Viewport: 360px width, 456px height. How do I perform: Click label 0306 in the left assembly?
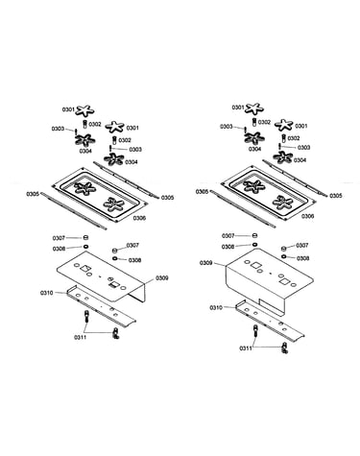(139, 218)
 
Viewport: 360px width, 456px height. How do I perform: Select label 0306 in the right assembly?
(307, 216)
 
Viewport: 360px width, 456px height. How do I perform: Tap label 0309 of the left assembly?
(162, 278)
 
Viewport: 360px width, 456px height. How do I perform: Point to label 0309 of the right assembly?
(206, 263)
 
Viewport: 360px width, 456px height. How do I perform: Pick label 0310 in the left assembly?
(47, 293)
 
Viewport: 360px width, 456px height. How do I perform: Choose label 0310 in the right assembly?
(216, 307)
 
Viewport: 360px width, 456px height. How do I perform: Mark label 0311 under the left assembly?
(81, 337)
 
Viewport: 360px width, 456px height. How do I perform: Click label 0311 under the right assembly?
(246, 348)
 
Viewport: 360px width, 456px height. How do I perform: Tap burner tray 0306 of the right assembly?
(269, 193)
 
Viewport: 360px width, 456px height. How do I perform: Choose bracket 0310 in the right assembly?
(270, 321)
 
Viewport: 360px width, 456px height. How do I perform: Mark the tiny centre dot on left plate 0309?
(100, 277)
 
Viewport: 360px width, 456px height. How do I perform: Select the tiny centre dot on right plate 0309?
(271, 274)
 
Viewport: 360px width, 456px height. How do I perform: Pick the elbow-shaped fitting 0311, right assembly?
(284, 348)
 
